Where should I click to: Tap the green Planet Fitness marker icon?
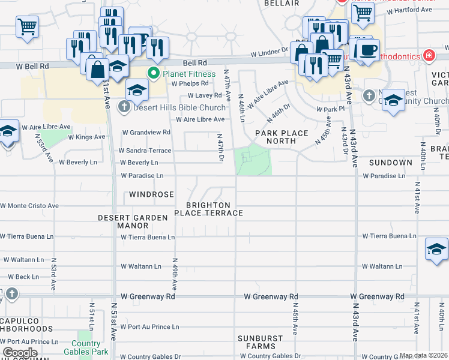[154, 74]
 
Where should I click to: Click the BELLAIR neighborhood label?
[281, 4]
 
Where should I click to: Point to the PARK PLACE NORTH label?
[281, 137]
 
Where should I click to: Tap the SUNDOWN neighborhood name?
[390, 163]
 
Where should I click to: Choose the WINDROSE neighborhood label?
[151, 195]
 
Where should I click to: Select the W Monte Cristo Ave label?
[29, 206]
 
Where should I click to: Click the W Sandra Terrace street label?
[145, 151]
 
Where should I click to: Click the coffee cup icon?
[369, 49]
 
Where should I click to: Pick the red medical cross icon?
[429, 56]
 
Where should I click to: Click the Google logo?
[20, 353]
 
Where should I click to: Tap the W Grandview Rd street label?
[146, 132]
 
